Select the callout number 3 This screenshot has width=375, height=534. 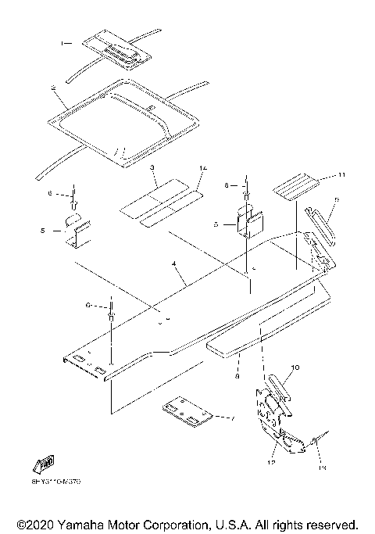coord(154,169)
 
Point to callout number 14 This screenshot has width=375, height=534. coord(202,168)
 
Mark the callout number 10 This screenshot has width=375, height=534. coord(296,367)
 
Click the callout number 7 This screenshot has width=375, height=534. coord(231,419)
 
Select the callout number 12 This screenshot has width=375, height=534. coord(273,463)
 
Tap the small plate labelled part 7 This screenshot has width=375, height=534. coord(188,414)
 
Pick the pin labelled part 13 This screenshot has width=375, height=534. coord(320,442)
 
